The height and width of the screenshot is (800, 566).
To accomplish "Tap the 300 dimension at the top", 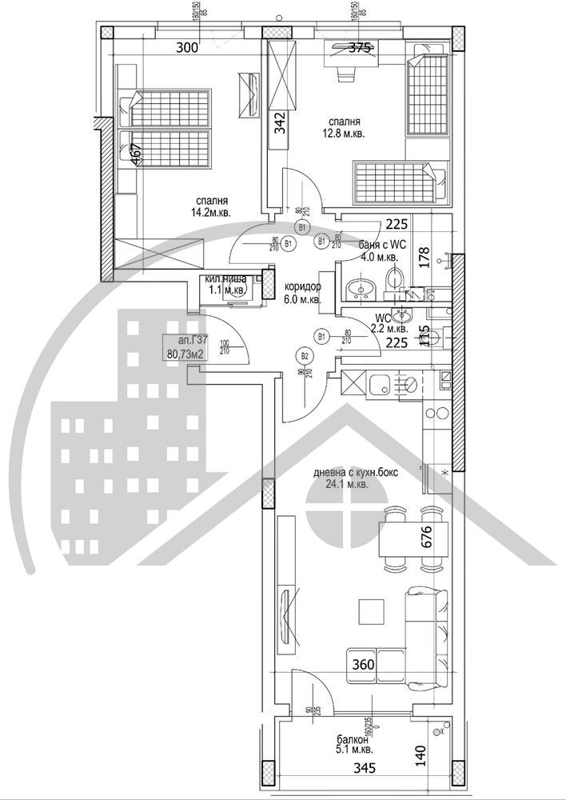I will (x=186, y=48).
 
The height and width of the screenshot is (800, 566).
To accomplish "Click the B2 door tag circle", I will (x=305, y=357).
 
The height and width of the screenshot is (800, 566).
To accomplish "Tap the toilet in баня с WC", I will (x=393, y=281).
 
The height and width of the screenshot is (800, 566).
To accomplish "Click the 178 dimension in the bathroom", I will (x=425, y=258).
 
